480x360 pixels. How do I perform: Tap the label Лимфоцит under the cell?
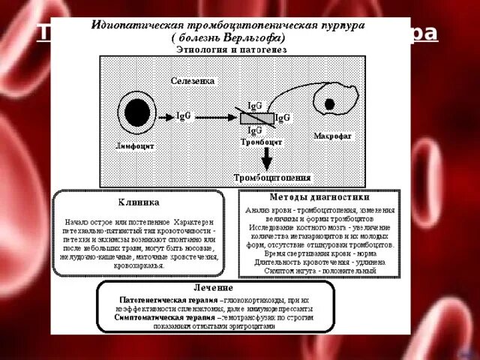point(136,145)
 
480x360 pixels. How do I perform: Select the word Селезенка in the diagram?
point(193,80)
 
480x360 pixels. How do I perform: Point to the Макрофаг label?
point(333,136)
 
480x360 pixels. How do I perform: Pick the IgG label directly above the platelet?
point(255,106)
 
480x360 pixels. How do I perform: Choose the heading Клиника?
point(138,202)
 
